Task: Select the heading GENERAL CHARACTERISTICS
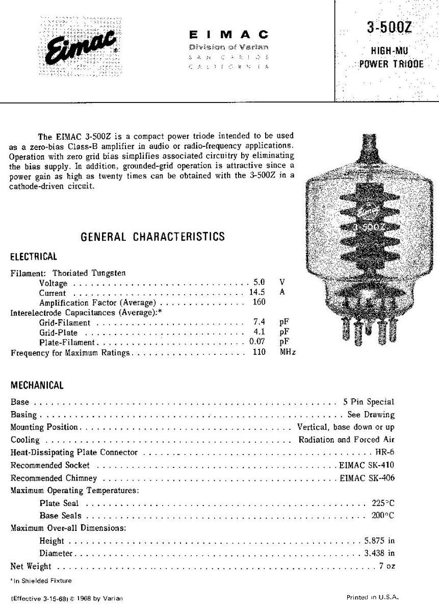pos(153,237)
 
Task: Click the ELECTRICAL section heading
pos(34,257)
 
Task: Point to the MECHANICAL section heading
pos(37,386)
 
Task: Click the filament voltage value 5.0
pos(259,283)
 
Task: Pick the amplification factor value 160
pos(259,302)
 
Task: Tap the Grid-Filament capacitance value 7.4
pos(259,323)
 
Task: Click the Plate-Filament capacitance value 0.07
pos(257,343)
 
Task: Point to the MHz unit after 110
pos(288,352)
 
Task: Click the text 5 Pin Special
pos(369,402)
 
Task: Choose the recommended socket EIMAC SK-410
pos(367,465)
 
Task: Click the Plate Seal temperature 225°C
pos(383,503)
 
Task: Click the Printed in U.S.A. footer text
pos(372,597)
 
